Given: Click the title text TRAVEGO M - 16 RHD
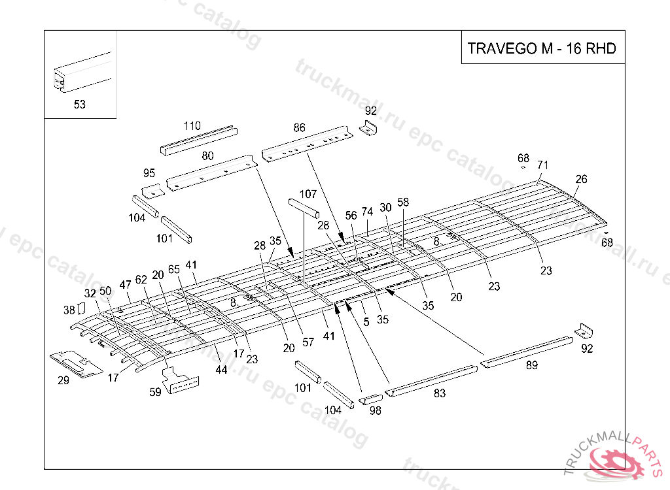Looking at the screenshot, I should [542, 48].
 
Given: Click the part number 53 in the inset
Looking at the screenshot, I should [79, 105].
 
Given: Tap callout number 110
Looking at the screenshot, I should [192, 125].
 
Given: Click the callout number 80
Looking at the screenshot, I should [207, 156].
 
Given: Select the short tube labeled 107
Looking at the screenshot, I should [303, 208].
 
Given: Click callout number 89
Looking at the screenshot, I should [532, 365].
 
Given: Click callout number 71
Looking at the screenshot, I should [543, 164].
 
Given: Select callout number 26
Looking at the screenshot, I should [581, 179].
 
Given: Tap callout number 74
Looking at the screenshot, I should [367, 212].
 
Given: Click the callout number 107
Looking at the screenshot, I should [308, 194].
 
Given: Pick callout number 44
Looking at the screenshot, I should [221, 370].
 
